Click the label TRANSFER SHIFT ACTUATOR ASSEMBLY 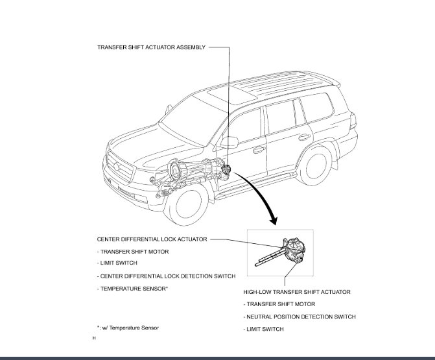(152, 47)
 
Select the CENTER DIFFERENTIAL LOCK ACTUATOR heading (152, 239)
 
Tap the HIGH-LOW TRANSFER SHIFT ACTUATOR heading (296, 292)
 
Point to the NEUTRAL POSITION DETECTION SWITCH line (300, 317)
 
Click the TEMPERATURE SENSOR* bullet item (132, 288)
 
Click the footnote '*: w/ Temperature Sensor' (128, 328)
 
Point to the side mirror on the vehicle (229, 142)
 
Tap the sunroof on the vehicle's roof (231, 95)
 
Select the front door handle (259, 149)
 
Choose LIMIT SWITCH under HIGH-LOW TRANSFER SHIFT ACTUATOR (263, 330)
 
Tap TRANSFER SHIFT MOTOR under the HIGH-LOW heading (279, 304)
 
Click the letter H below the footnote (94, 338)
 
